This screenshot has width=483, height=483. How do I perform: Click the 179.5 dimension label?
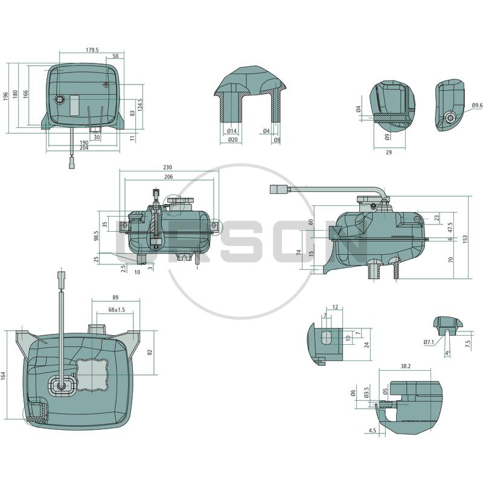(92, 50)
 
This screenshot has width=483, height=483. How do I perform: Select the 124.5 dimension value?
(141, 105)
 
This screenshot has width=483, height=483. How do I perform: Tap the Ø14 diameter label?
(232, 131)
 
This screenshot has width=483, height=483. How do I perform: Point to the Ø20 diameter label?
(233, 140)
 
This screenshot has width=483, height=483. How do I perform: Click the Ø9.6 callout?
(476, 106)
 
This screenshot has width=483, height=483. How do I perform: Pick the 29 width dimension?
(389, 152)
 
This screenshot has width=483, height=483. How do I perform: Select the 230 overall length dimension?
(167, 167)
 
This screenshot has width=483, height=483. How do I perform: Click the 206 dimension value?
(168, 176)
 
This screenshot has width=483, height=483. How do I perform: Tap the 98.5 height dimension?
(97, 235)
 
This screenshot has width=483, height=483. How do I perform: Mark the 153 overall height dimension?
(465, 239)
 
